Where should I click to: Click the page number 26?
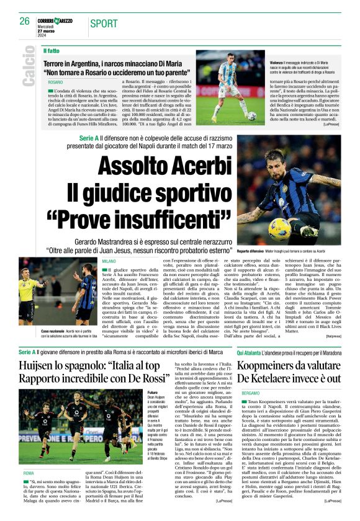tap(24, 21)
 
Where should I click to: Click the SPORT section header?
tap(104, 24)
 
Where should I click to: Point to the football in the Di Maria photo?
tap(251, 115)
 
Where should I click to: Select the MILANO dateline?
tap(109, 262)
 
